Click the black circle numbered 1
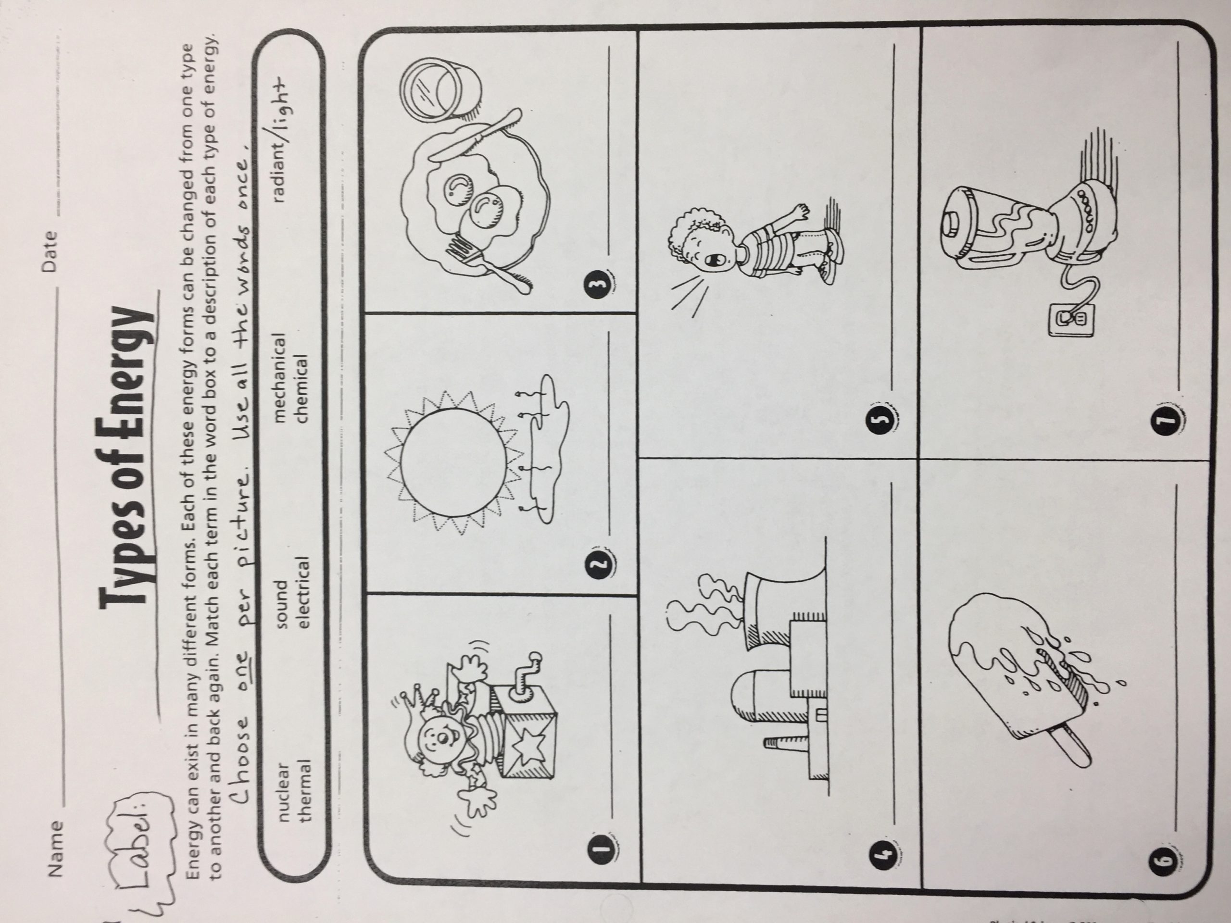pyautogui.click(x=604, y=850)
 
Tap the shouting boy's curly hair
pyautogui.click(x=690, y=228)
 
